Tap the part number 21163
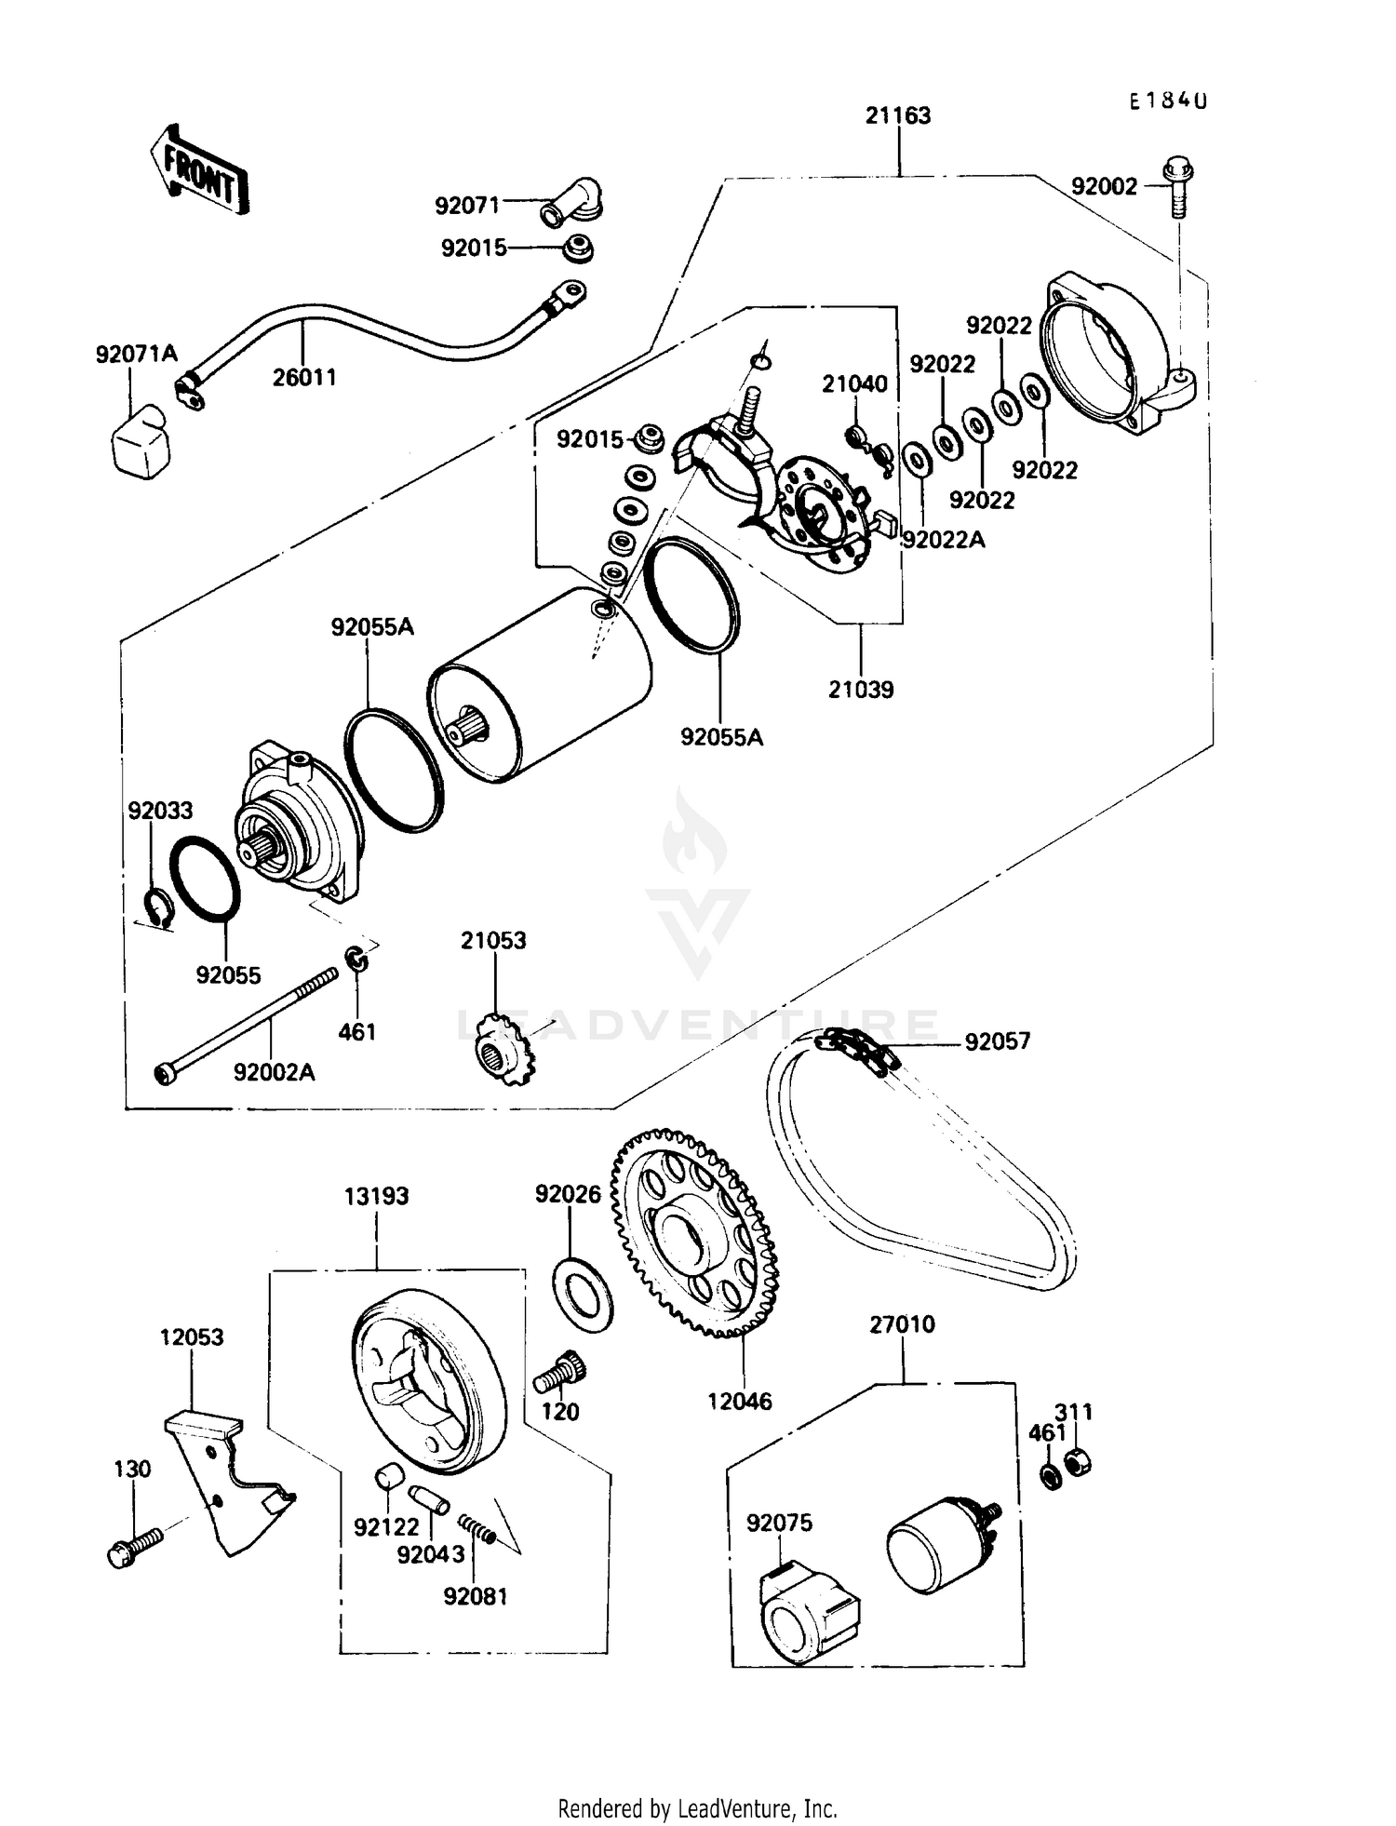click(897, 115)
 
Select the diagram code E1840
click(1168, 101)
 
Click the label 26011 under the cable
click(304, 378)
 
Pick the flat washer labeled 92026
click(583, 1293)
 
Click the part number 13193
click(377, 1196)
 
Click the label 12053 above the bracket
click(192, 1337)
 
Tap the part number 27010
click(903, 1324)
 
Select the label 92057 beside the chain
click(998, 1041)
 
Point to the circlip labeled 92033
click(159, 907)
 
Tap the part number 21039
click(861, 690)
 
